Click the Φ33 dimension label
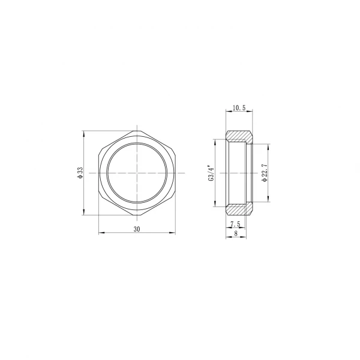pos(80,173)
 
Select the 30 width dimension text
pos(137,229)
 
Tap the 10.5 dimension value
pos(239,107)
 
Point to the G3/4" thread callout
pos(210,173)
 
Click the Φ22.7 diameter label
pos(265,173)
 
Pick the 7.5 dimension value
pos(235,224)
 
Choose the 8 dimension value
pos(235,235)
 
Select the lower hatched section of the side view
pos(239,209)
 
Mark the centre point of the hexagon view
pos(137,173)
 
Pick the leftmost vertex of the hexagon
pos(98,173)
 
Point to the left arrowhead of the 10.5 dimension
pos(227,112)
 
